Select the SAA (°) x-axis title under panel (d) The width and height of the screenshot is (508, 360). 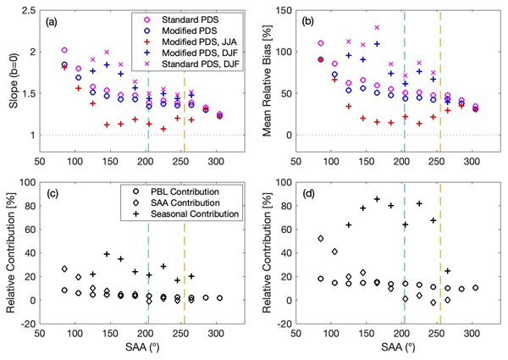coord(402,350)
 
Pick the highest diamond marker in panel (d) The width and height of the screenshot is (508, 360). coord(321,239)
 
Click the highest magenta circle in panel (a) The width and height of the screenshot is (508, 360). coord(65,50)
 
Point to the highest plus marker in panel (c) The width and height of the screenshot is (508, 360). coord(108,254)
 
